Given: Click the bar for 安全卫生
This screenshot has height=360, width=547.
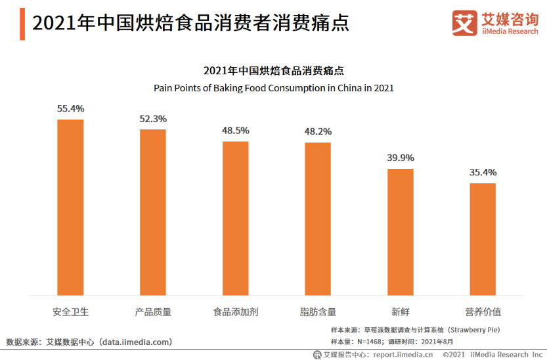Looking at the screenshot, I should [70, 207].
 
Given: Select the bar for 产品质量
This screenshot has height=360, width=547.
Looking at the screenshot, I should [153, 212].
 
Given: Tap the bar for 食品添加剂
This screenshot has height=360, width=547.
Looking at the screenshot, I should [235, 218].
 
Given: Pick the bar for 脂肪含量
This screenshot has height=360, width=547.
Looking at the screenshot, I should [318, 219].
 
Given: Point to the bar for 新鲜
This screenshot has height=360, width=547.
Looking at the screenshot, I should [400, 232].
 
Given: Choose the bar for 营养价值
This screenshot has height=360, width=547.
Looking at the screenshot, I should [483, 239].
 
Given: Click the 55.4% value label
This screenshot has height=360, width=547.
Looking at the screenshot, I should [70, 108].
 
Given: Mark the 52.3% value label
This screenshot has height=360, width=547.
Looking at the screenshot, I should [153, 119].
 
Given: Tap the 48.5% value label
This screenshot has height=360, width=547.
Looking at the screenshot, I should [235, 131].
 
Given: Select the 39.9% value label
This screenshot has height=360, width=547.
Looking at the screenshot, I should [400, 158].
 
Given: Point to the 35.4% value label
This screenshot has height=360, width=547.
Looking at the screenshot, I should [483, 172].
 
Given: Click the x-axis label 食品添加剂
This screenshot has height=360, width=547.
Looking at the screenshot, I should [235, 312].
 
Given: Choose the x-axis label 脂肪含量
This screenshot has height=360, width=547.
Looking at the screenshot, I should [318, 312].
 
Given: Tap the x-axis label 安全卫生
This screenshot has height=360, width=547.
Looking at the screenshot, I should [70, 312].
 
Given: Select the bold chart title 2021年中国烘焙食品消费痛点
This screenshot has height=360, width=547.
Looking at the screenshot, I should [273, 71].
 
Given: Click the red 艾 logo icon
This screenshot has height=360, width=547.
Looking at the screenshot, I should [464, 24].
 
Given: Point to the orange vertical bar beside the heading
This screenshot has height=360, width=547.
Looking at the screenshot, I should [22, 24].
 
